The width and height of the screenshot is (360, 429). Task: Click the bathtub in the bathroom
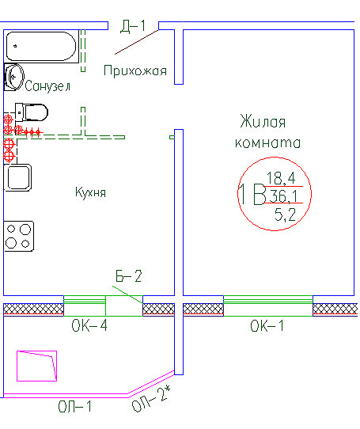coord(41,46)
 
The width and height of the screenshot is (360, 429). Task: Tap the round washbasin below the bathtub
coord(13,77)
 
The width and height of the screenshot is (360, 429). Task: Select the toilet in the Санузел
coord(32,112)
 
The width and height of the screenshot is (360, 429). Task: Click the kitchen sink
coord(17,177)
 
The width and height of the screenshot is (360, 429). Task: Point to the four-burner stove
coord(19,237)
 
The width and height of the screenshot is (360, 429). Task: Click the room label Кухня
coord(90,192)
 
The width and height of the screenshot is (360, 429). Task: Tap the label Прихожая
coord(135,70)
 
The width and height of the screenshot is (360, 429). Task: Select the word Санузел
coord(47,86)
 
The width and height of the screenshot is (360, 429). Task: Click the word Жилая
coord(263,121)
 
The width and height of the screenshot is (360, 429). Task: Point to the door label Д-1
coord(133,26)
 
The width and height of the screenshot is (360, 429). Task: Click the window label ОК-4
coord(89,325)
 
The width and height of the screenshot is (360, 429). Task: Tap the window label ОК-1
coord(267,326)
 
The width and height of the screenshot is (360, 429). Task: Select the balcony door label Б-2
coord(128,276)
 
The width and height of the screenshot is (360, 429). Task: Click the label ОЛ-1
coord(74,406)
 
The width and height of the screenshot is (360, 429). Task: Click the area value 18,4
coord(281,178)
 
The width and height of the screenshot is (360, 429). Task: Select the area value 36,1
coord(283,196)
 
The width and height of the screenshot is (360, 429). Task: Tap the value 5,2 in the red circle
coord(286,214)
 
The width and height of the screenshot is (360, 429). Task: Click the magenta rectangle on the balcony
coord(36,366)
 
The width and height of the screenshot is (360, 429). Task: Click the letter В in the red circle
coord(260,194)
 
